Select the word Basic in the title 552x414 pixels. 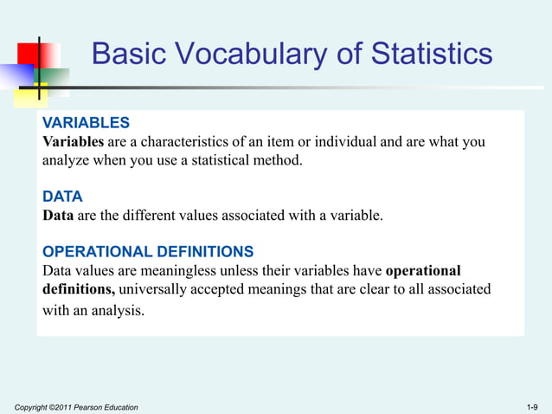click(128, 55)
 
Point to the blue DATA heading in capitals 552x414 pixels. click(62, 197)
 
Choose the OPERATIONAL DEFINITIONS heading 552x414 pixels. click(148, 252)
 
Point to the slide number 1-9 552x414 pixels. click(532, 406)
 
